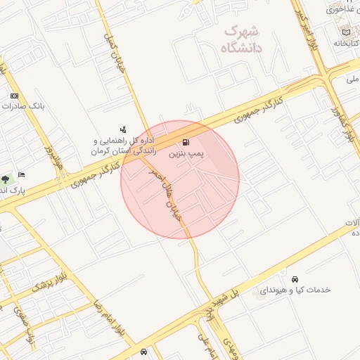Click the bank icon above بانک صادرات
coord(14,96)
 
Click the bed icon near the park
coord(22,174)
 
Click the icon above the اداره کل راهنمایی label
coord(124,129)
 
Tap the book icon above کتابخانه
coord(345,32)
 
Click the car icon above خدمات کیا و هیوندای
coord(295,278)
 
